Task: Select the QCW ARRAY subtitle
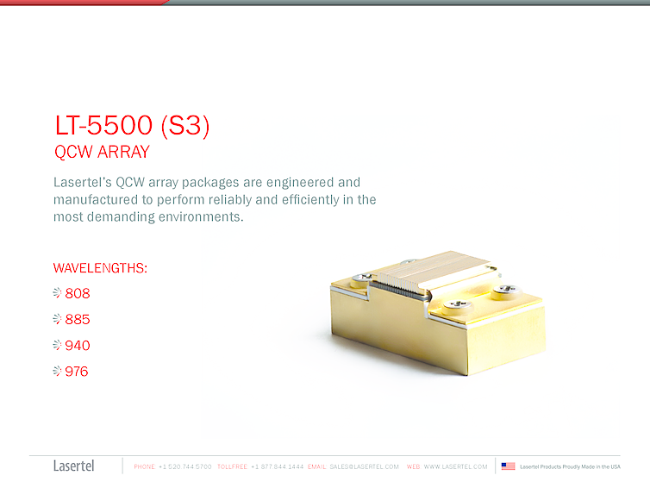point(102,153)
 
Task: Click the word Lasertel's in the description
point(82,183)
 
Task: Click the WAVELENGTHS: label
point(100,268)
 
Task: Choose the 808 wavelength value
point(78,293)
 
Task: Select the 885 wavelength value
point(78,319)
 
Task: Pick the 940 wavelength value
point(78,346)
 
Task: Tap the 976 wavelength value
point(77,372)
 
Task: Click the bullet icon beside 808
point(58,293)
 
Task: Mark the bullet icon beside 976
point(58,372)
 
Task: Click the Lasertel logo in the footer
point(74,466)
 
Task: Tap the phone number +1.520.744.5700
point(185,466)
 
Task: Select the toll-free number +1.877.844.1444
point(277,466)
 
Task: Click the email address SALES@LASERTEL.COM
point(364,466)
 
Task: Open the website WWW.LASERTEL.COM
point(455,466)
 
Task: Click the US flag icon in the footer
point(508,466)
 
